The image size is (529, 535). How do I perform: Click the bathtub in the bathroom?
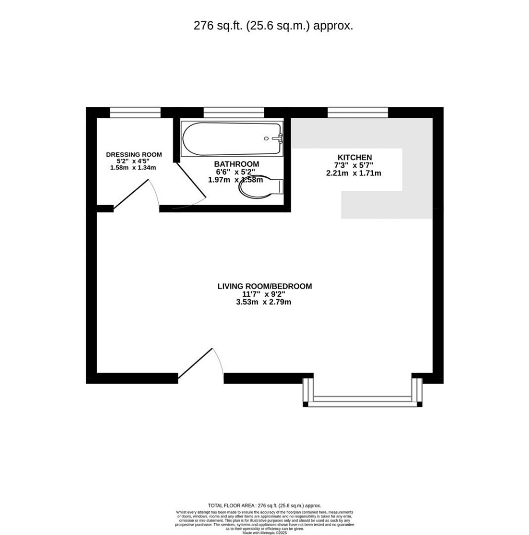[232, 139]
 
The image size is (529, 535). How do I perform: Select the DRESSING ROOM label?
[134, 155]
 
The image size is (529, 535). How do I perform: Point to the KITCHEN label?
[354, 157]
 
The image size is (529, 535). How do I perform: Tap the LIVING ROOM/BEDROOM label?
[264, 286]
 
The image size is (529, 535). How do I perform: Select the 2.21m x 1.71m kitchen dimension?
[354, 173]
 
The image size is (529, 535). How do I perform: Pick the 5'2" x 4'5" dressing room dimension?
[134, 161]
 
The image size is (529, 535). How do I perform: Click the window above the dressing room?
[135, 111]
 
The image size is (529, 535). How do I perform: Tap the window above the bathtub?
[234, 111]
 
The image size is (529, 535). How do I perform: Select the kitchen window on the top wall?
[357, 111]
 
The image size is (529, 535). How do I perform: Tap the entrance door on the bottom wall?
[199, 364]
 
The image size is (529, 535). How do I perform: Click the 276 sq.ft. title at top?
[273, 26]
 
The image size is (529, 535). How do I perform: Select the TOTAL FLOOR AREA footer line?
[264, 506]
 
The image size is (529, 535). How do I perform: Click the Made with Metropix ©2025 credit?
[264, 532]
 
